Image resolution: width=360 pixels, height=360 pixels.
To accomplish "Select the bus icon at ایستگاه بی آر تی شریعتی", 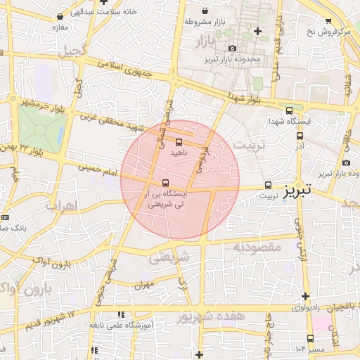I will point(165,183).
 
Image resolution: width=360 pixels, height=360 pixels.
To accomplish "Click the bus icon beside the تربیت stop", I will point(268,186).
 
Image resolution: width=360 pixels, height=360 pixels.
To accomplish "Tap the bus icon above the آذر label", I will point(300,136).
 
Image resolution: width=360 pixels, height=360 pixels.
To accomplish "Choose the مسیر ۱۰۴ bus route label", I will point(310,349).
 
